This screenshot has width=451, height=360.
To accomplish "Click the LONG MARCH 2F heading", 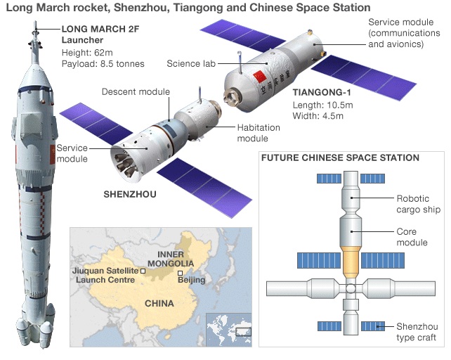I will [103, 29].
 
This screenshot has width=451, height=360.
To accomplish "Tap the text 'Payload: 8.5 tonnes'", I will [103, 63].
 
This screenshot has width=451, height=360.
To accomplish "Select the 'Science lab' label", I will [191, 64].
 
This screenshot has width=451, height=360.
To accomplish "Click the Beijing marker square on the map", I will [181, 272].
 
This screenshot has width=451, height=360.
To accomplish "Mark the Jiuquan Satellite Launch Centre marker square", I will [143, 270].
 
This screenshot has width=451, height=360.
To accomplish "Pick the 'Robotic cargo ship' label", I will [417, 203].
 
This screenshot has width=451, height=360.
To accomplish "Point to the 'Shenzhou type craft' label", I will [417, 332].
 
